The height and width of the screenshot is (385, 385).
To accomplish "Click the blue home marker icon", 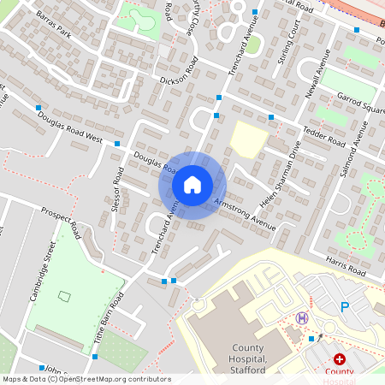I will tap(192, 184).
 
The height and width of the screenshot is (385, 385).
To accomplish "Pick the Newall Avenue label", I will tap(318, 73).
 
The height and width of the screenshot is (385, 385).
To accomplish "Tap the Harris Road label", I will tap(345, 261).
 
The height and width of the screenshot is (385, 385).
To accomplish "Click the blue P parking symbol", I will tap(345, 306).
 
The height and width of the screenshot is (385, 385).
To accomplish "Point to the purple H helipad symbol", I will tap(301, 318).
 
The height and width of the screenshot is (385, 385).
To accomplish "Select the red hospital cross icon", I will tap(340, 360).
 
